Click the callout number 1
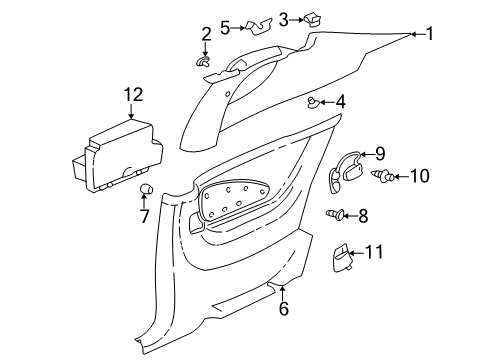[431, 34]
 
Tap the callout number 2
[206, 35]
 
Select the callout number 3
[256, 18]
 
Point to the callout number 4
[341, 101]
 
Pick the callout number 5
[225, 26]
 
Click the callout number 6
[282, 310]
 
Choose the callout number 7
[143, 217]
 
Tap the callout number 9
[379, 153]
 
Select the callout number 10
[418, 177]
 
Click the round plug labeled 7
[143, 190]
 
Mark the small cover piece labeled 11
[344, 257]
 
